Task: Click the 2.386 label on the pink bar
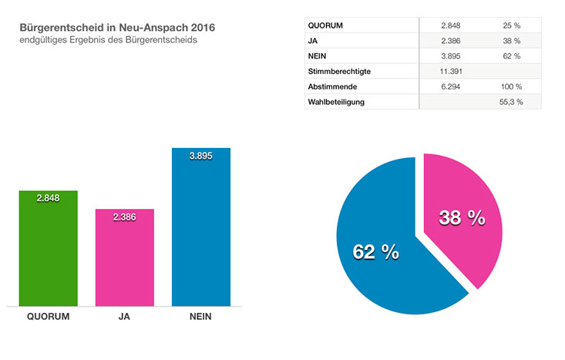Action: pyautogui.click(x=124, y=217)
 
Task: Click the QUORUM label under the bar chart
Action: pyautogui.click(x=48, y=316)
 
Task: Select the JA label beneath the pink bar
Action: pyautogui.click(x=124, y=316)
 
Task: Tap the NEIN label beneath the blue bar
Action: pyautogui.click(x=200, y=316)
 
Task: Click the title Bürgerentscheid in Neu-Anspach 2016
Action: pyautogui.click(x=118, y=27)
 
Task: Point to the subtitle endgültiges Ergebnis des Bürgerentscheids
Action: pyautogui.click(x=109, y=40)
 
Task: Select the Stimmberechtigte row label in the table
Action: pyautogui.click(x=339, y=71)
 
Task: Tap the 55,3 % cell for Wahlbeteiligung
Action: pyautogui.click(x=509, y=102)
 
